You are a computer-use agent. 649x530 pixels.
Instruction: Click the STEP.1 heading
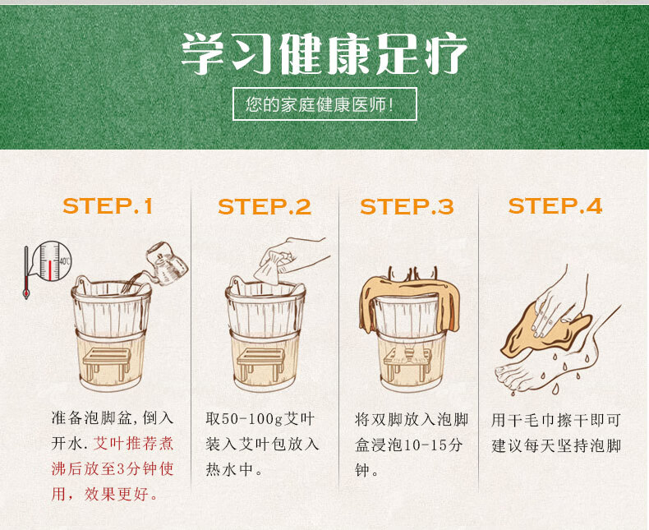point(108,205)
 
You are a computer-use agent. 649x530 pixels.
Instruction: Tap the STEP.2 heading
point(265,206)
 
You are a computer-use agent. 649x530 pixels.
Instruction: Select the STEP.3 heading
point(407,206)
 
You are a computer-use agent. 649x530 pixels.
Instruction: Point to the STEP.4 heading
point(555,205)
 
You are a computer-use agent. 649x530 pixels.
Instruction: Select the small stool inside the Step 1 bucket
point(107,361)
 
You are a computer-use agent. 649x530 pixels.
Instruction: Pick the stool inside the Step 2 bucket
point(260,361)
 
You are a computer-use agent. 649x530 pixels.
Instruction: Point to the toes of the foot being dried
point(510,376)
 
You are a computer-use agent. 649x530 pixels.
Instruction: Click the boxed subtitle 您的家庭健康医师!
point(324,104)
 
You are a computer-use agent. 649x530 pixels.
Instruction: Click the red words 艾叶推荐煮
point(133,444)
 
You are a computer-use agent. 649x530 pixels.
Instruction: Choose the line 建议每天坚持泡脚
point(556,446)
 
